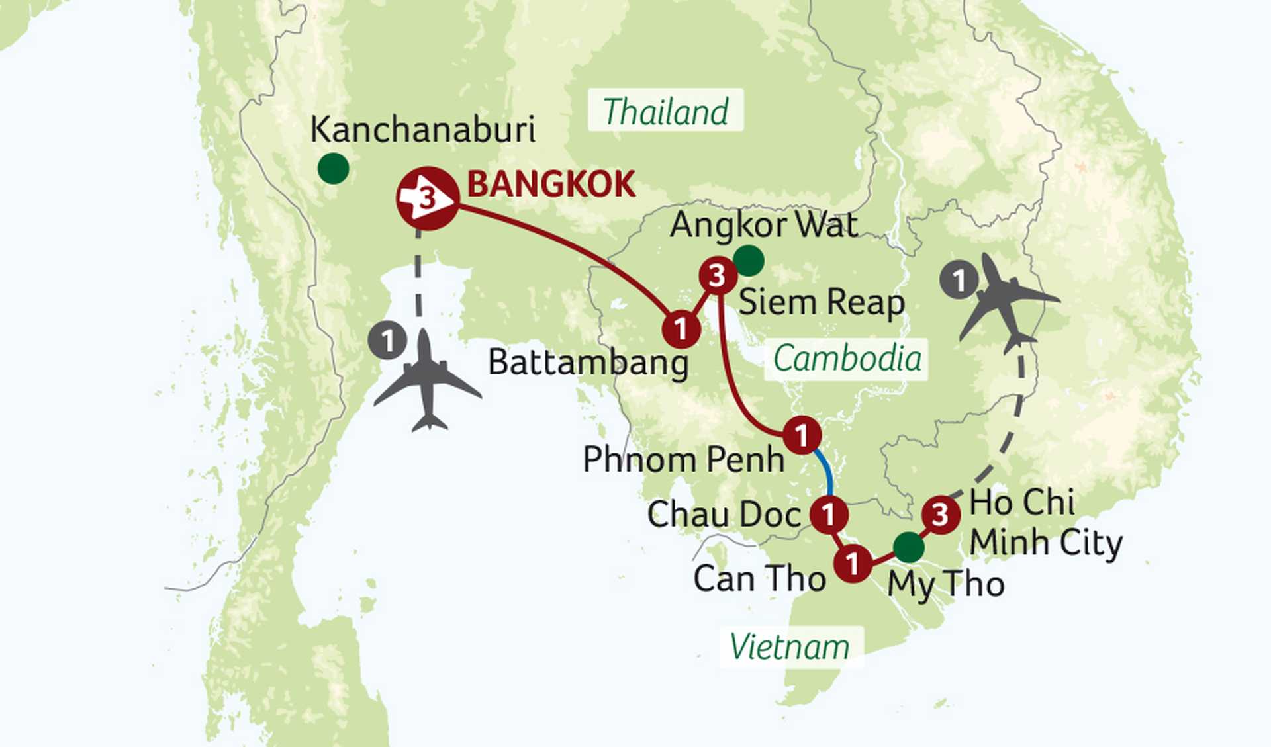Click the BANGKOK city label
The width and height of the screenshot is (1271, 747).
click(551, 184)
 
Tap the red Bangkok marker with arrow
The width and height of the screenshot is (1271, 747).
click(428, 198)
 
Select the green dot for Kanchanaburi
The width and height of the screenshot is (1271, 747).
click(333, 168)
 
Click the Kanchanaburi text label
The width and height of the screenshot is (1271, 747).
click(422, 129)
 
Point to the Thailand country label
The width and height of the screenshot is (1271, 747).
click(665, 110)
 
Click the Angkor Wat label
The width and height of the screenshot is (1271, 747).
click(764, 225)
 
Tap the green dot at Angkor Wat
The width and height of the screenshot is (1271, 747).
click(749, 260)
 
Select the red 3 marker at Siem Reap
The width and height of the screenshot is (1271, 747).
click(718, 275)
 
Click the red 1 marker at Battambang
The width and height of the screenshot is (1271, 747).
click(681, 328)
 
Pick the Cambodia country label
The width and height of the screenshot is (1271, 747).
click(847, 359)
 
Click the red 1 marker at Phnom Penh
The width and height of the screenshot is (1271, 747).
click(802, 435)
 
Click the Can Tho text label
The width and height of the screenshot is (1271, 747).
click(759, 578)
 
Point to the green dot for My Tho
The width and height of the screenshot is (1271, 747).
click(908, 547)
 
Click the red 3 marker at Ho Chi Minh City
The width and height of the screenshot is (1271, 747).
click(940, 514)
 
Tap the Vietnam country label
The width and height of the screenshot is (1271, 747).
click(790, 646)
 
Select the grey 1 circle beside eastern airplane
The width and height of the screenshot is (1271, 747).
click(959, 280)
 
